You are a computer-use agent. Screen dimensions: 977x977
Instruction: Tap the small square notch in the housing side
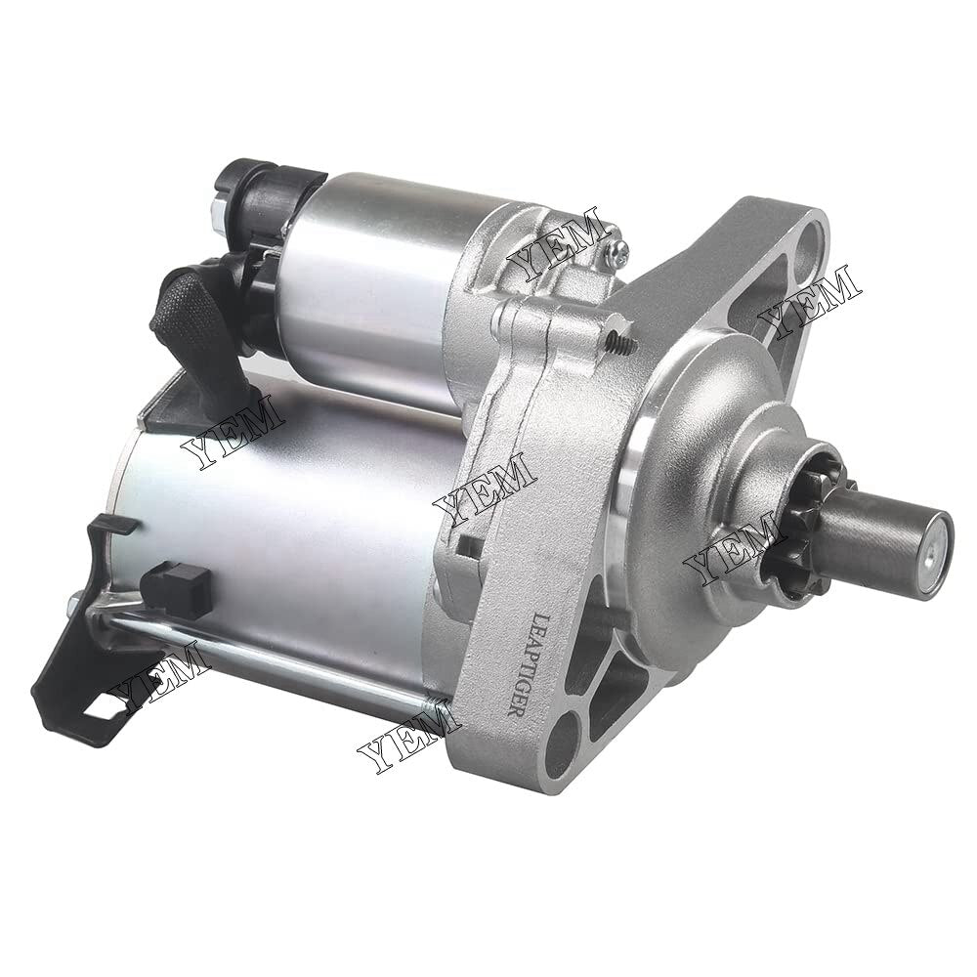pos(468,547)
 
